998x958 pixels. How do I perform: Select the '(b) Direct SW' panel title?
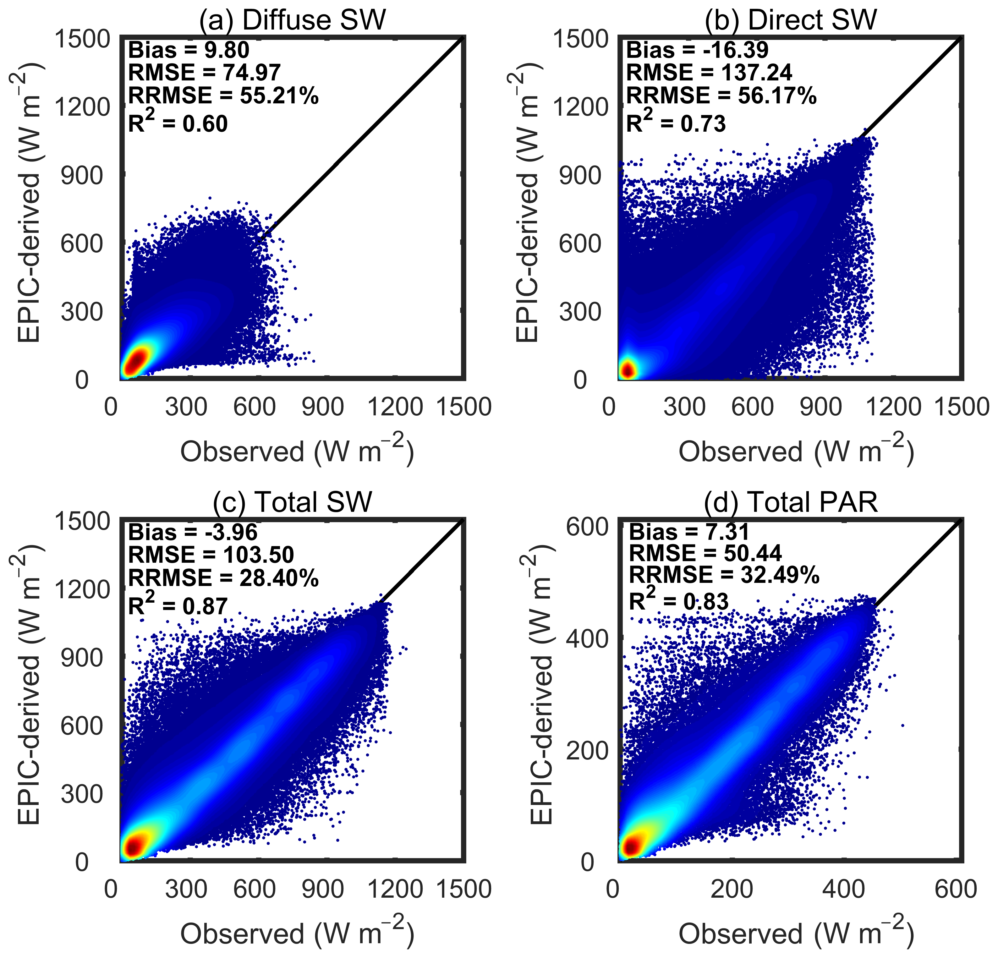coord(791,20)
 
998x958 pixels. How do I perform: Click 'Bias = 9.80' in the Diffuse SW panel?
coord(189,50)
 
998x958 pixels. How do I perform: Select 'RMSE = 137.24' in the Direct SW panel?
coord(709,73)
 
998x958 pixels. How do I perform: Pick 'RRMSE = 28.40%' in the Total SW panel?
coord(223,578)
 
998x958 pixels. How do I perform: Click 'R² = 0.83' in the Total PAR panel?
coord(679,601)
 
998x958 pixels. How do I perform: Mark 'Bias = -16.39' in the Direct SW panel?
coord(697,50)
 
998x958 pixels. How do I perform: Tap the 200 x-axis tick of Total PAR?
coord(732,889)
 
